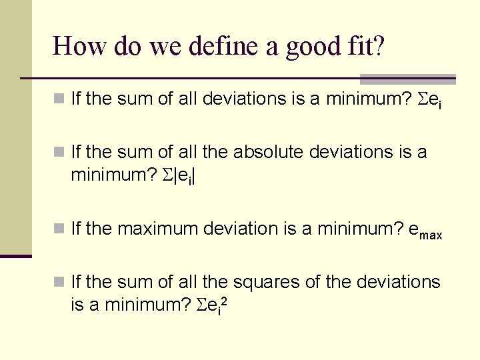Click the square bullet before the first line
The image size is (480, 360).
coord(59,99)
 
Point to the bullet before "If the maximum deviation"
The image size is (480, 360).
coord(59,229)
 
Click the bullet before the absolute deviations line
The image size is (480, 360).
coord(59,153)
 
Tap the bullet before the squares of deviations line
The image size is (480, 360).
coord(59,283)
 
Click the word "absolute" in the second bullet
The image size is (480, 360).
coord(268,152)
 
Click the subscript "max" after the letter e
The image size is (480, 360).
coord(431,235)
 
